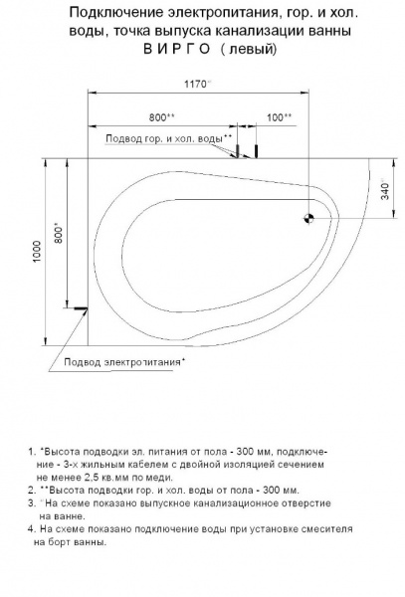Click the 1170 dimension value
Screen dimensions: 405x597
click(197, 84)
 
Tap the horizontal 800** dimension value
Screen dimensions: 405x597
click(162, 117)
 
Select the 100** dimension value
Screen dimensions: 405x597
click(279, 117)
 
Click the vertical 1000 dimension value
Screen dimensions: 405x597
click(37, 252)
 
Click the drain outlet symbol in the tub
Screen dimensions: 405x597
click(308, 218)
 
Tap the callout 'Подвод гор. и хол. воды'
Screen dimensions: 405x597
click(168, 138)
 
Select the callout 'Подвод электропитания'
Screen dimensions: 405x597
click(124, 362)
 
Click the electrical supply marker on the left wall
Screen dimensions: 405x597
click(81, 308)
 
